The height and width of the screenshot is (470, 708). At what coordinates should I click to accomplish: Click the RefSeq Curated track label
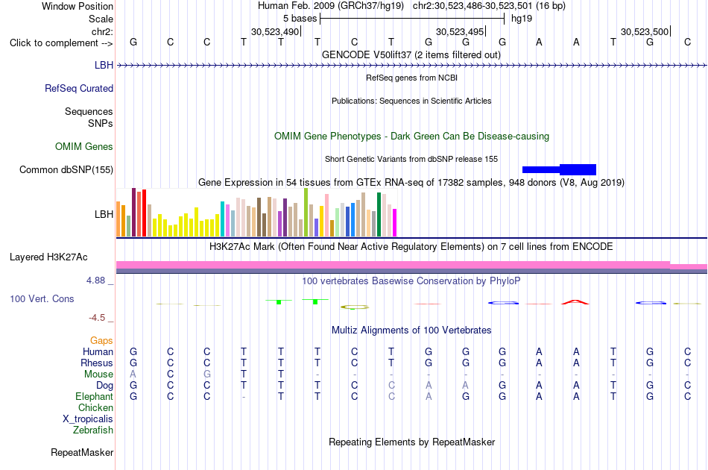[x=78, y=89]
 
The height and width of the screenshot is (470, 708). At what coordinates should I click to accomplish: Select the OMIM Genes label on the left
[x=84, y=147]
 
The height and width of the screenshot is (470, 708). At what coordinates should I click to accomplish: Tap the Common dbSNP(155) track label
[x=66, y=170]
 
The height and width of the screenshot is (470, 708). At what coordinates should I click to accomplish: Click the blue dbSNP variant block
[x=559, y=169]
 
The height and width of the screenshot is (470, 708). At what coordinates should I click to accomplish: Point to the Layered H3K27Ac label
[x=48, y=257]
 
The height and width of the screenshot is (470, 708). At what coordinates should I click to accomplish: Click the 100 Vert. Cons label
[x=42, y=298]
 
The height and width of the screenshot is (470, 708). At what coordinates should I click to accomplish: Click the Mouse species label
[x=98, y=375]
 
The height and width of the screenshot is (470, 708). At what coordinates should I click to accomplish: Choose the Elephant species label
[x=95, y=396]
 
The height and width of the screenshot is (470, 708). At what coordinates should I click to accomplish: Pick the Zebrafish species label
[x=93, y=430]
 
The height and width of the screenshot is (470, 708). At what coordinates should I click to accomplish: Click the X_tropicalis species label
[x=88, y=419]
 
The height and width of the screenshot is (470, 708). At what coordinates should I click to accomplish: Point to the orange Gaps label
[x=101, y=341]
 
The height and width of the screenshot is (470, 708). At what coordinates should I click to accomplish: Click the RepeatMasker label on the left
[x=82, y=452]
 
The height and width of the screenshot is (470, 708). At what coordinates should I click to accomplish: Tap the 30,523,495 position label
[x=460, y=31]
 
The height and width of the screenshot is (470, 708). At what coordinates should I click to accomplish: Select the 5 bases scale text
[x=300, y=19]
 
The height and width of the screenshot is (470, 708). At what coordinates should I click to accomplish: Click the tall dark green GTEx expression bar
[x=379, y=214]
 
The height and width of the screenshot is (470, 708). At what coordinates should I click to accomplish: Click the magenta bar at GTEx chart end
[x=395, y=222]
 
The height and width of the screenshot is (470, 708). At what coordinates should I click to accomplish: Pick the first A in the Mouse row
[x=133, y=375]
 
